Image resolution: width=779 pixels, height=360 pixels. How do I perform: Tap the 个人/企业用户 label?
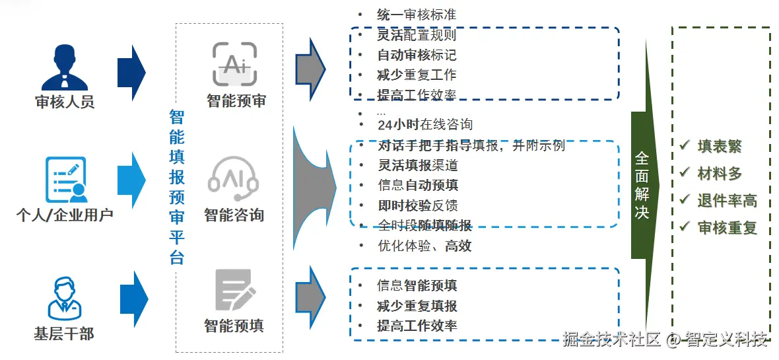coord(65,215)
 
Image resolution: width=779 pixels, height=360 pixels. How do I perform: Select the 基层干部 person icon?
coord(64,298)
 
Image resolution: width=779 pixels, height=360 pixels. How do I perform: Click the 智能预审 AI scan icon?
coord(234,65)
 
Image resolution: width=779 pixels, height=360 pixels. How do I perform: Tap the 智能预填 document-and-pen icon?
coord(234,291)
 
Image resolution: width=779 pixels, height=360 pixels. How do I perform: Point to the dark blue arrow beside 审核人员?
coord(131,73)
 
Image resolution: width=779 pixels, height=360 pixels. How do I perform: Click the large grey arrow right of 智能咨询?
coord(314,183)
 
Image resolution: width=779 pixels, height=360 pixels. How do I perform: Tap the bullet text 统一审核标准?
coord(416,15)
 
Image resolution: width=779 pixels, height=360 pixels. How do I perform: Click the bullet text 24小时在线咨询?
coord(424,124)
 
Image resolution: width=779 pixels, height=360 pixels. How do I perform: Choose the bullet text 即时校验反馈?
coord(418,205)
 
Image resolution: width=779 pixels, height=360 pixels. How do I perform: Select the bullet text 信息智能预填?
coord(417,285)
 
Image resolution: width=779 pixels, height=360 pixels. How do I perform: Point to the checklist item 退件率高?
coord(727,201)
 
